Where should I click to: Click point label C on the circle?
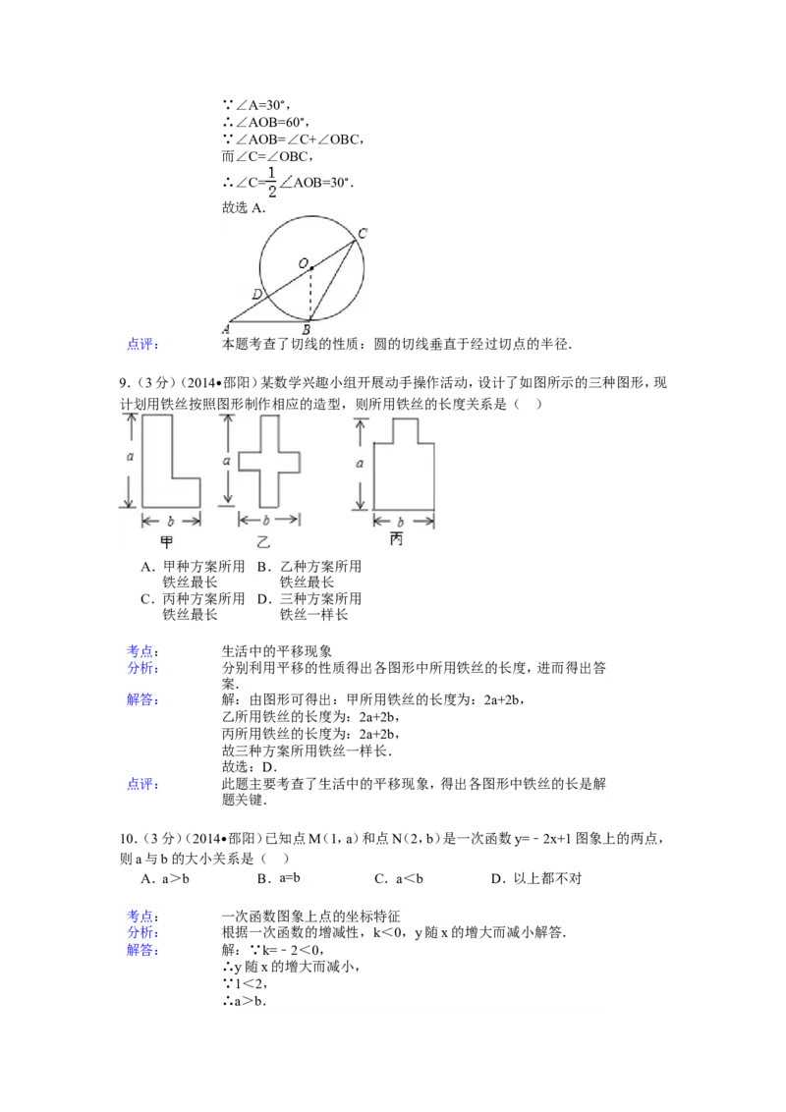click(x=363, y=233)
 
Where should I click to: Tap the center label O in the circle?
click(x=303, y=264)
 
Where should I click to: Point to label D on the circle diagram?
click(x=256, y=295)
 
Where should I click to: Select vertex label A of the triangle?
click(x=226, y=329)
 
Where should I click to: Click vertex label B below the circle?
click(x=307, y=330)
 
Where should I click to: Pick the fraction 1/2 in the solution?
click(x=271, y=183)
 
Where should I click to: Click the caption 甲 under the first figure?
click(x=167, y=542)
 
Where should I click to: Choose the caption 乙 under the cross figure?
click(x=263, y=542)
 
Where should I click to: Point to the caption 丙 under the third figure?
click(x=397, y=539)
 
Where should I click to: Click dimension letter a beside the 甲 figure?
click(x=130, y=457)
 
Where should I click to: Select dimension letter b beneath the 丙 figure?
click(x=400, y=522)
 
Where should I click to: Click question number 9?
click(x=125, y=383)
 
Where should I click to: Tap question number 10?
click(x=128, y=838)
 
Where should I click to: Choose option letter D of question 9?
click(x=264, y=599)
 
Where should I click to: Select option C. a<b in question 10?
click(x=399, y=878)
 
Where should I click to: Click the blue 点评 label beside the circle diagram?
click(x=142, y=345)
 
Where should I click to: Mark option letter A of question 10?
click(x=146, y=878)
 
